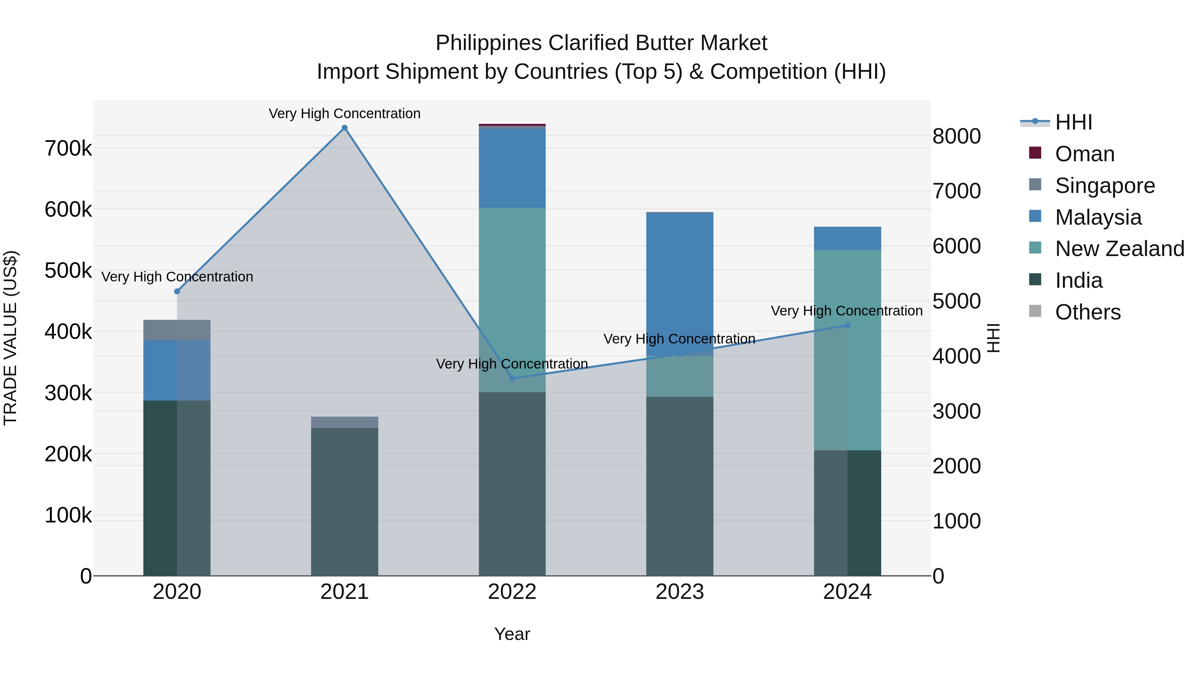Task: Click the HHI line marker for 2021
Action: (x=345, y=128)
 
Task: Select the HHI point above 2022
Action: (x=512, y=378)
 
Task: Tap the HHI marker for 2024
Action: (x=847, y=325)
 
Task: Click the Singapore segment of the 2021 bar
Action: (x=345, y=422)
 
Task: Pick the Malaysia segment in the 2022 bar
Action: (x=512, y=168)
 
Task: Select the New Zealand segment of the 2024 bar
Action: (x=847, y=350)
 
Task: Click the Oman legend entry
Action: (x=1084, y=154)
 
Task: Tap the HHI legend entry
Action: (x=1073, y=122)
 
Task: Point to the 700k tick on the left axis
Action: (x=68, y=149)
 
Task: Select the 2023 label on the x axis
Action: (x=679, y=592)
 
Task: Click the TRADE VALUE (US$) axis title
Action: (x=11, y=338)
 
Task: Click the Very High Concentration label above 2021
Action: (x=345, y=114)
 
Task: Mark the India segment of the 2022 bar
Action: (x=512, y=484)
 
